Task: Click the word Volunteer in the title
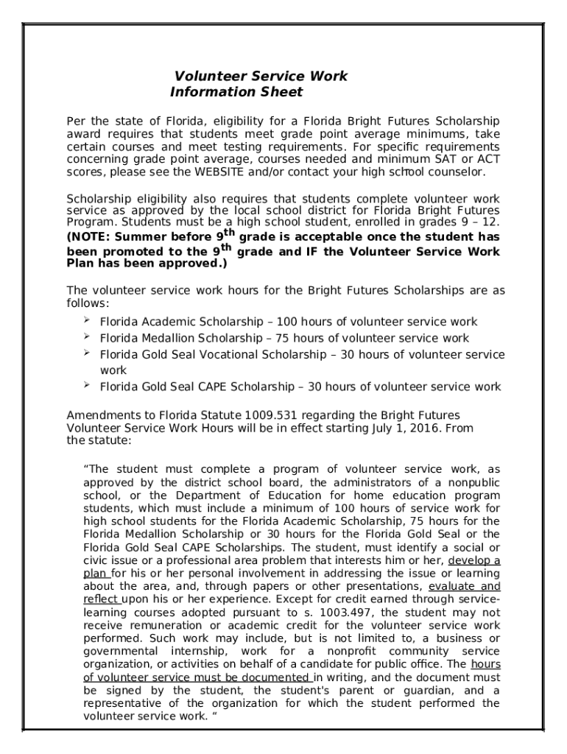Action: coord(204,77)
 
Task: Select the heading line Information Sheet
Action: coord(236,92)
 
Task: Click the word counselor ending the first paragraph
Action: coord(454,172)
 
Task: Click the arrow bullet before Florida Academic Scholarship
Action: coord(86,321)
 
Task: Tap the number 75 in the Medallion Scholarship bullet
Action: coord(282,339)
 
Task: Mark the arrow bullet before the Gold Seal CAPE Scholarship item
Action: coord(86,386)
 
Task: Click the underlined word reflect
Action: coord(101,600)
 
